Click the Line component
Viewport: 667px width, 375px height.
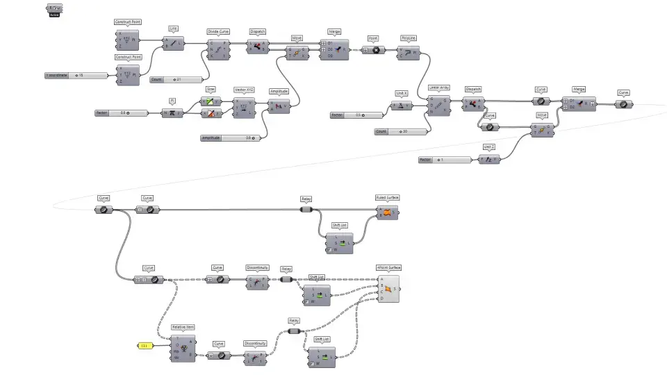(173, 43)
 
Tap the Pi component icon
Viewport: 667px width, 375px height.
(172, 112)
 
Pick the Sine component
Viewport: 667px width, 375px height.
(210, 101)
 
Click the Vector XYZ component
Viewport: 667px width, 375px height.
(245, 107)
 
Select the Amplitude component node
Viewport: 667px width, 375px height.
(279, 106)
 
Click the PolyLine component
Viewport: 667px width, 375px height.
(408, 51)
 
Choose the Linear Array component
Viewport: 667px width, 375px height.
(439, 103)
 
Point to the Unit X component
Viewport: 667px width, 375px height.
(401, 106)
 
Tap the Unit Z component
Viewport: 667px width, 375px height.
(489, 160)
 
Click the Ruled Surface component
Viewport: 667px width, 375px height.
(387, 212)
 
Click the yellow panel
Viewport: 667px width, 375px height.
(145, 345)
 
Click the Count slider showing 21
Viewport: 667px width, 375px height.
(176, 80)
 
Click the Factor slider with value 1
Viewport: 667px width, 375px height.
(445, 160)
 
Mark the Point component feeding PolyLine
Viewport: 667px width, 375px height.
(373, 51)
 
